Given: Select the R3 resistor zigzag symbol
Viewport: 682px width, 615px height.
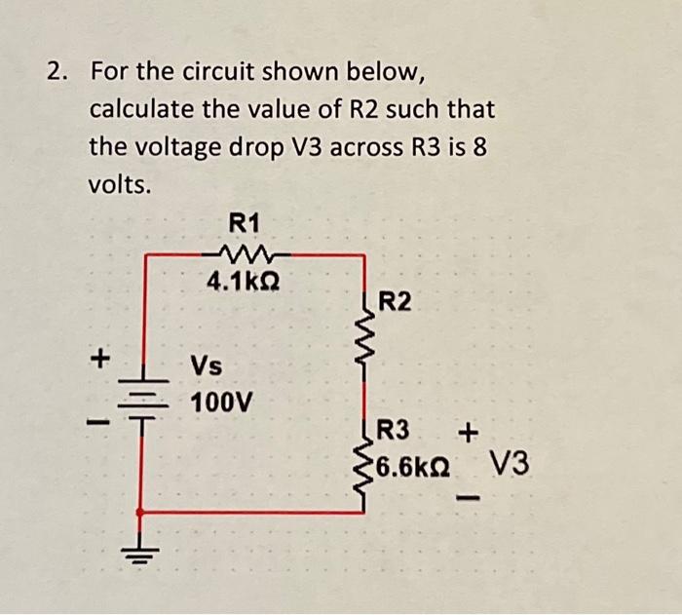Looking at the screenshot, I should point(365,466).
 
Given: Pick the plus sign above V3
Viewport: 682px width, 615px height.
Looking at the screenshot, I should point(473,429).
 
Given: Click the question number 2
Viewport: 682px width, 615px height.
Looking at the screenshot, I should point(57,73).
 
